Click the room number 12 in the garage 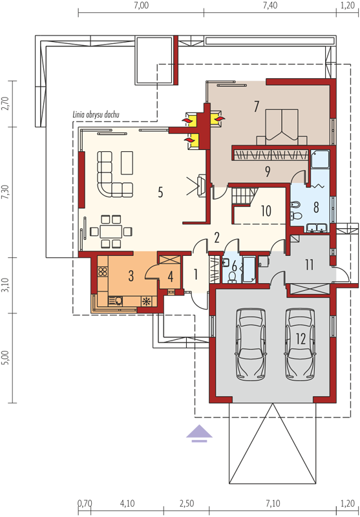(301, 339)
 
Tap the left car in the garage (251, 344)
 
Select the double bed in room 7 (282, 127)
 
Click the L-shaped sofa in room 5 (112, 174)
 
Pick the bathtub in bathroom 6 (249, 270)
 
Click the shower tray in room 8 (320, 160)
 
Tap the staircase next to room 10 (244, 196)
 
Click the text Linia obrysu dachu (96, 115)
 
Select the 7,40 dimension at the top (270, 6)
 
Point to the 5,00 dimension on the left (5, 357)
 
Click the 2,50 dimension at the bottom (187, 504)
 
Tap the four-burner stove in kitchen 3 (103, 271)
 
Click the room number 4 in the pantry (170, 277)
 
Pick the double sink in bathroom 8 (316, 228)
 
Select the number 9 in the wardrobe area (268, 171)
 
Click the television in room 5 (201, 185)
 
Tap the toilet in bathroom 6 (233, 277)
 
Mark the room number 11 (309, 265)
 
